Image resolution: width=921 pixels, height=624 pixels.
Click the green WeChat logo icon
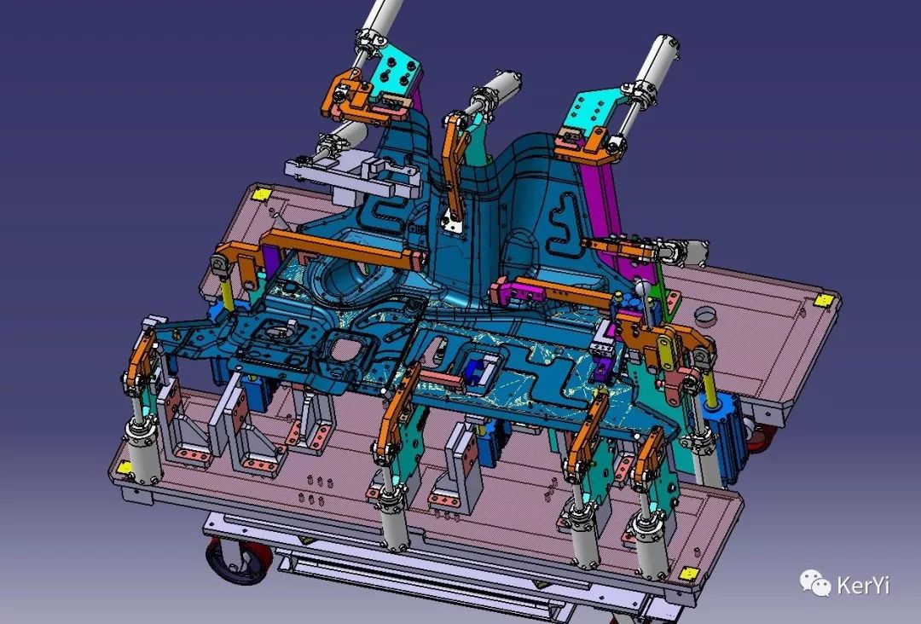pyautogui.click(x=814, y=582)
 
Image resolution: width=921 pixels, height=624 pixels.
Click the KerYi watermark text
pyautogui.click(x=862, y=586)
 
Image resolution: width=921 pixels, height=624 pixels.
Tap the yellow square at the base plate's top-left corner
pyautogui.click(x=260, y=194)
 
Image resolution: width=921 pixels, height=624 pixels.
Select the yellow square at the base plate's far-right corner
pyautogui.click(x=824, y=301)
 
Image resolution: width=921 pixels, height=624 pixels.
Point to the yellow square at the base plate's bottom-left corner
pyautogui.click(x=124, y=468)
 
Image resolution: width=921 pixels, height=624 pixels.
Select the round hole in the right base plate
pyautogui.click(x=705, y=315)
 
